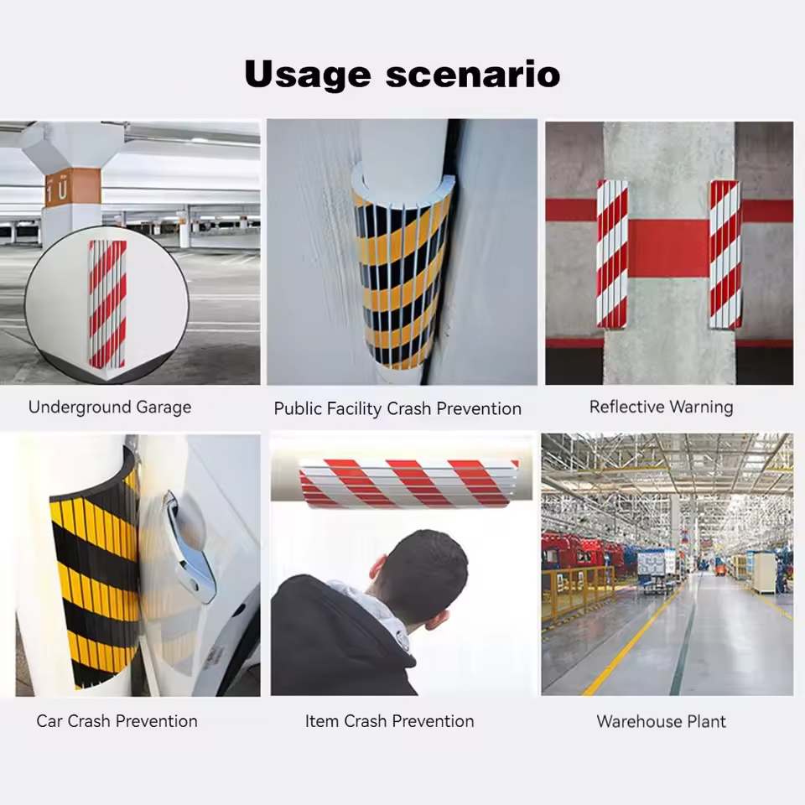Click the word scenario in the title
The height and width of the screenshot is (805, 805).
coord(473,75)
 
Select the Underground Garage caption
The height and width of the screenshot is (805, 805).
coord(110,408)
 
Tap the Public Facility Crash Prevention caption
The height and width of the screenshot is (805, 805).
coord(397,409)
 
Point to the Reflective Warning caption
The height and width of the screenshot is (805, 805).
coord(661,407)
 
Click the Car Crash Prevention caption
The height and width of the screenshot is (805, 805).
coord(117,721)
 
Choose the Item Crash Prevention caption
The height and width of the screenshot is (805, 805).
coord(389,721)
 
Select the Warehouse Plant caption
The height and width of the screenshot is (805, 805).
coord(661,721)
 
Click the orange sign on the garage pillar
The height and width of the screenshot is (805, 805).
coord(72,187)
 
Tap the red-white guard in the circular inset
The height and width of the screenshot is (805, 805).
coord(107,304)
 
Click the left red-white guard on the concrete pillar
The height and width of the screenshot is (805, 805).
coord(612,253)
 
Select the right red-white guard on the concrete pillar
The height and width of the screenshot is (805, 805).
coord(725,253)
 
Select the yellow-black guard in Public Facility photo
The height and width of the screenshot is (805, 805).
coord(401,277)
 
